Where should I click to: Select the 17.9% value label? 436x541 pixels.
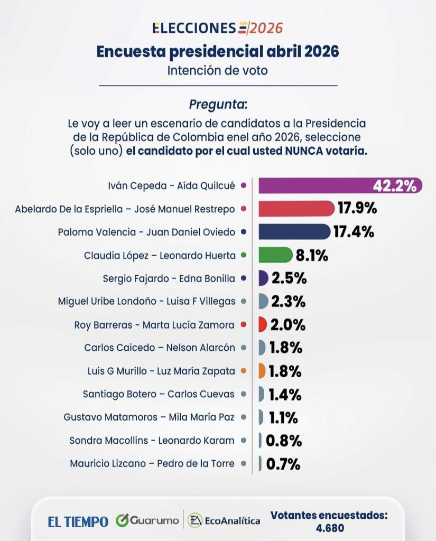pos(357,209)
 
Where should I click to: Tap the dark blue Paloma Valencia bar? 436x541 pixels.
pos(293,231)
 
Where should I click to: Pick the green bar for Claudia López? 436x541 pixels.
pos(275,255)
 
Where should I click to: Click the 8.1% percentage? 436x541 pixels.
pos(312,255)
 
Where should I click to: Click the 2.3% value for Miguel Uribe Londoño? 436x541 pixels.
pos(288,301)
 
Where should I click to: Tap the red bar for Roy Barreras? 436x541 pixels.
pos(263,324)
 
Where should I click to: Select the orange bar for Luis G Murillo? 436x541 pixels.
pos(262,371)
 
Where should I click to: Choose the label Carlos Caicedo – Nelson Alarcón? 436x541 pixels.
pos(160,348)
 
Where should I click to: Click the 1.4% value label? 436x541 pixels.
pos(285,394)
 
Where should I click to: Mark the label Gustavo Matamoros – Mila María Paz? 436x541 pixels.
pos(150,417)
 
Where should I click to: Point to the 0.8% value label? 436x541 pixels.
pos(283,440)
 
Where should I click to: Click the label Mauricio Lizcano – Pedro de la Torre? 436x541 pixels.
pos(152,463)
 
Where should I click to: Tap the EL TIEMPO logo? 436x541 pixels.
pos(78,521)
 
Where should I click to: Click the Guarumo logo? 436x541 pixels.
pos(147,520)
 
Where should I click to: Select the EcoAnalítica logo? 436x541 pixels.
pos(224,520)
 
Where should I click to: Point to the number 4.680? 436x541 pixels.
pos(329,528)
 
